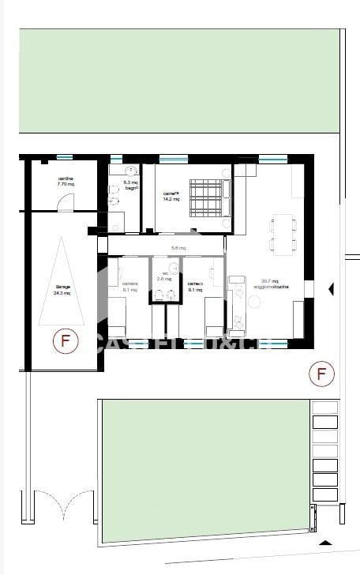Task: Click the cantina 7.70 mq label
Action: (x=66, y=181)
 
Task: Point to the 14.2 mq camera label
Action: (x=171, y=196)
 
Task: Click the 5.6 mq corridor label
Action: (x=178, y=248)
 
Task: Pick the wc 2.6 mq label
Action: (x=164, y=276)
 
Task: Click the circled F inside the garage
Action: (x=66, y=342)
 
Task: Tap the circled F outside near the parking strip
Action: (x=321, y=373)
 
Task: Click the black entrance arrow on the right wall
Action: (x=332, y=289)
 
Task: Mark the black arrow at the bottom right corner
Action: (x=324, y=543)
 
